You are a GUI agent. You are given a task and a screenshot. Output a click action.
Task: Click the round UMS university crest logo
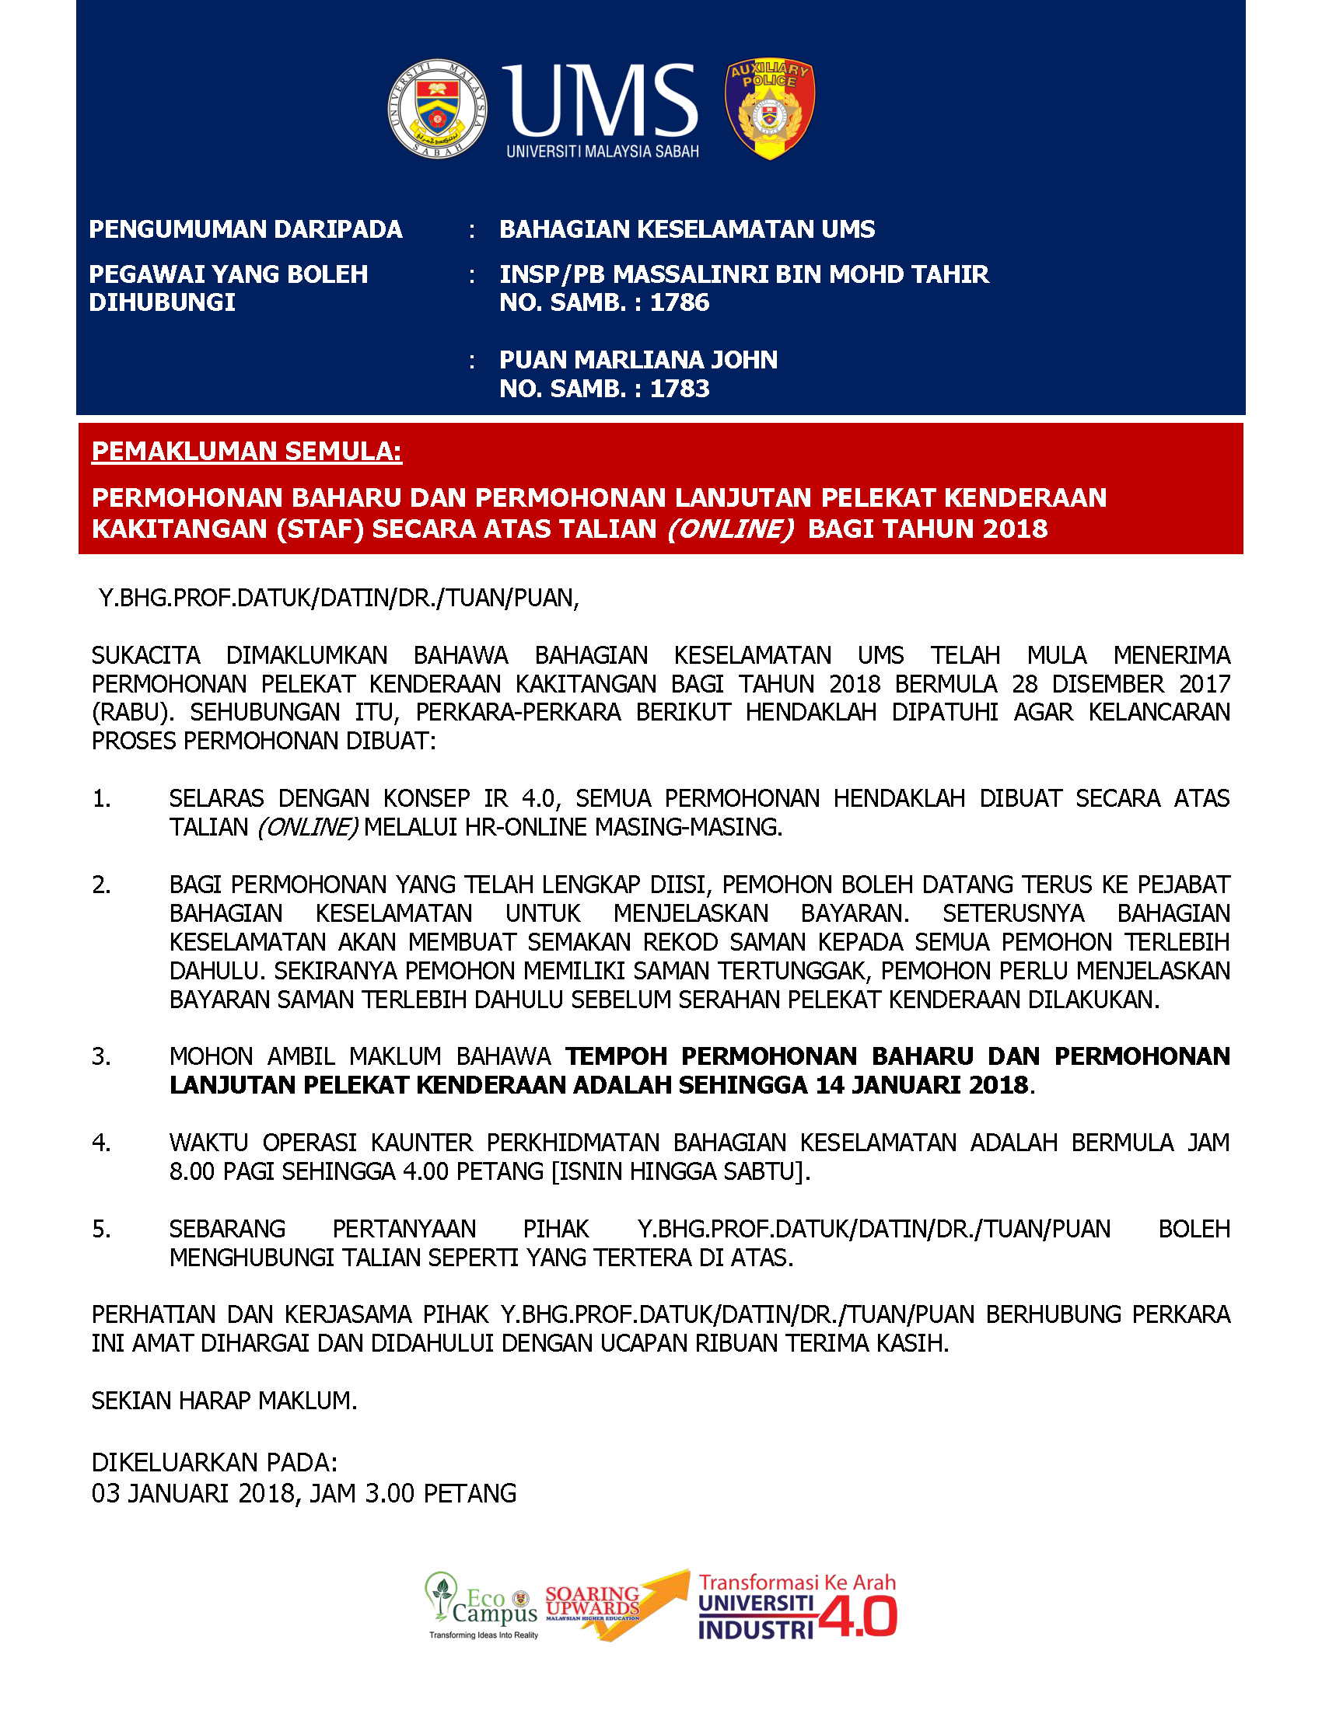[x=438, y=109]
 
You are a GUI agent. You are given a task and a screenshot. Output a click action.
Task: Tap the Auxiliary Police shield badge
[x=770, y=109]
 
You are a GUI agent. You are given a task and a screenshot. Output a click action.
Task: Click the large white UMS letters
[x=601, y=99]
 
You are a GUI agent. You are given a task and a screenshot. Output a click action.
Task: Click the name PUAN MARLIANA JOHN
[x=638, y=360]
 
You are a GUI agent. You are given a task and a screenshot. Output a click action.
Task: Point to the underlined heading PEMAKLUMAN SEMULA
[x=247, y=452]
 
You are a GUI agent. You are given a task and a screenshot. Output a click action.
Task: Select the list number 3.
[x=101, y=1057]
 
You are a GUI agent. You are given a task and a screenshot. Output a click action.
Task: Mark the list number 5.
[x=101, y=1230]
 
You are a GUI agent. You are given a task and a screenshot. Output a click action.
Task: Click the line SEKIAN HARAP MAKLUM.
[x=224, y=1401]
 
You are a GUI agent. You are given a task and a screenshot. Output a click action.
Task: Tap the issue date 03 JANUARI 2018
[x=193, y=1493]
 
